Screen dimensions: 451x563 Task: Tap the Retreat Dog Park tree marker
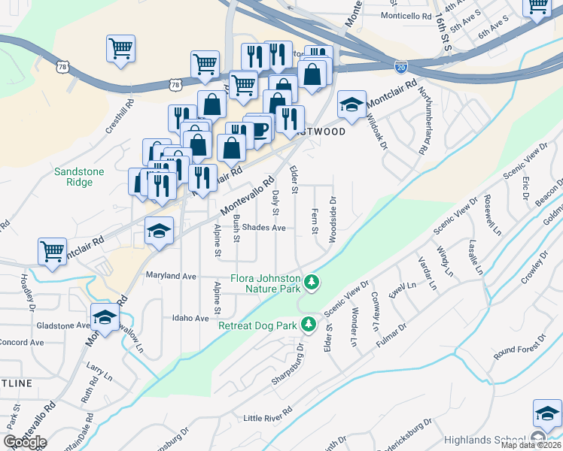(307, 325)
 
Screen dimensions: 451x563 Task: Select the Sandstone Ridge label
(79, 177)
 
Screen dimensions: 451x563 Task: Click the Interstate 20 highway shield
(400, 67)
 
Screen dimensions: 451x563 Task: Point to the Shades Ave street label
(264, 227)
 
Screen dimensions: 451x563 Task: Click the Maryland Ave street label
(171, 276)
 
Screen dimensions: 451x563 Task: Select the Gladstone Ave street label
(62, 326)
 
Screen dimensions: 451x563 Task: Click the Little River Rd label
(267, 418)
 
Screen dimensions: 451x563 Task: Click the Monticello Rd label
(406, 16)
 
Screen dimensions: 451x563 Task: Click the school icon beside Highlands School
(547, 413)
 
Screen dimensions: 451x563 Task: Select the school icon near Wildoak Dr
(351, 104)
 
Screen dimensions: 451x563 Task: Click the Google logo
(25, 442)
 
